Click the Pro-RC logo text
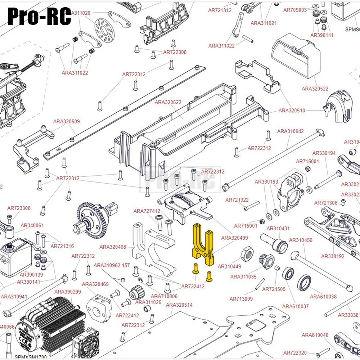point(39,16)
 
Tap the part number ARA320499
point(234,238)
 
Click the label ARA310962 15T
point(112,266)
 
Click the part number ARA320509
point(66,122)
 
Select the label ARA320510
point(292,111)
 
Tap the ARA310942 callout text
point(291,131)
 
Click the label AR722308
point(175,52)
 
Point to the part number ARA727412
point(147,211)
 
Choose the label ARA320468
point(113,247)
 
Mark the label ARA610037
point(295,306)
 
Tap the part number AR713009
point(241,299)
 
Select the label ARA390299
point(68,292)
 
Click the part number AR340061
point(32,226)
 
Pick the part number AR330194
point(324,153)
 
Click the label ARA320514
point(179,305)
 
